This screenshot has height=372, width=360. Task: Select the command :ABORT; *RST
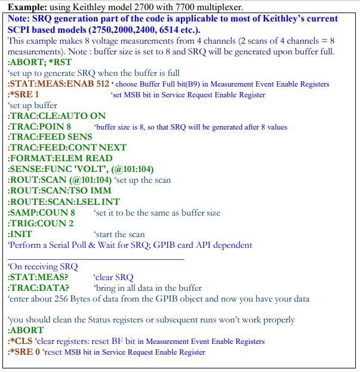pos(35,62)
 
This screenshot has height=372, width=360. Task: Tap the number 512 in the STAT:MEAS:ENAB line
pos(103,84)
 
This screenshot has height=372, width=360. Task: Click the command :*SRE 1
pos(23,94)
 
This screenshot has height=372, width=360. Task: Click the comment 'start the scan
pos(119,234)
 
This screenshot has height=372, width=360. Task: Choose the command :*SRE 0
pos(23,352)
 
